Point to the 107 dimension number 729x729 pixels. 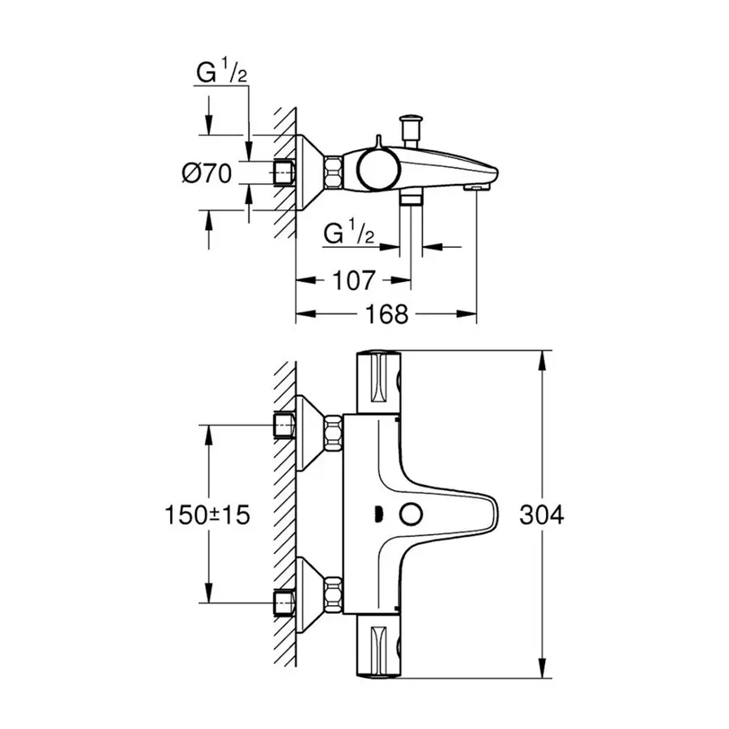pos(353,280)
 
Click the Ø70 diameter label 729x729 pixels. pos(207,173)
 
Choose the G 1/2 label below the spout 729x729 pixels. pos(349,234)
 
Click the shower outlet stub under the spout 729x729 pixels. pos(411,198)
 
